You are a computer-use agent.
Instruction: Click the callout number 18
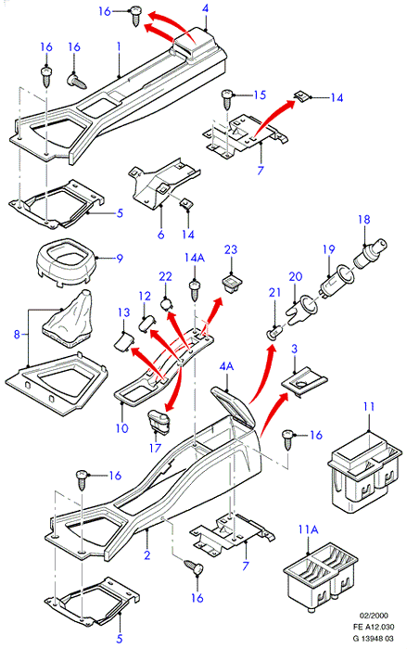[x=364, y=220]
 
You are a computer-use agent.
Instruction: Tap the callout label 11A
[x=308, y=529]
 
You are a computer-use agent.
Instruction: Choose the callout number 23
[x=231, y=249]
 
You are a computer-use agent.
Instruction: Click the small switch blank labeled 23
[x=231, y=285]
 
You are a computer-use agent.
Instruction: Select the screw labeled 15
[x=228, y=99]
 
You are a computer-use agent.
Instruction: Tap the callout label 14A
[x=195, y=258]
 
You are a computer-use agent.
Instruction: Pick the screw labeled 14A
[x=194, y=290]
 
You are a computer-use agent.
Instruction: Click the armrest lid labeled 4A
[x=234, y=406]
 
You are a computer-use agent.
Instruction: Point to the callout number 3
[x=295, y=349]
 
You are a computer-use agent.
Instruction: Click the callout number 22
[x=165, y=276]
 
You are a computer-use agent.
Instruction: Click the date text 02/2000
[x=374, y=616]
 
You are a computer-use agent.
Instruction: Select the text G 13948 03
[x=373, y=639]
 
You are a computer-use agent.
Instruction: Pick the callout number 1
[x=119, y=46]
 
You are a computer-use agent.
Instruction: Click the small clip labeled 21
[x=275, y=332]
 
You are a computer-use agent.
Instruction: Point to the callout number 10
[x=122, y=427]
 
